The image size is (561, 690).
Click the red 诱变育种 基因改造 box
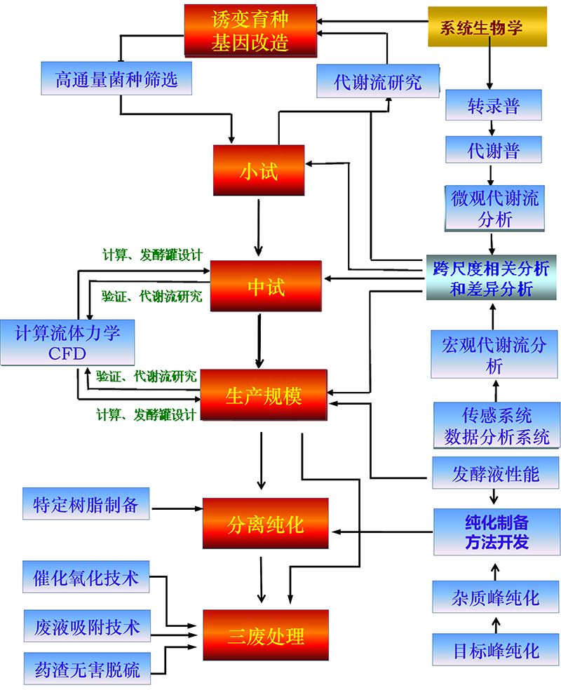coord(250,31)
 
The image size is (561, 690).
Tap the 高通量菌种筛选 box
coord(116,79)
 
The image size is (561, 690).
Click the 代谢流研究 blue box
coord(378,81)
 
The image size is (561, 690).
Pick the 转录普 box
coord(493,105)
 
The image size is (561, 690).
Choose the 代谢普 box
coord(493,149)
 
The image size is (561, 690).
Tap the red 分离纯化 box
coord(265,523)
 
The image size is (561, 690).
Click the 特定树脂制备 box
coord(86,505)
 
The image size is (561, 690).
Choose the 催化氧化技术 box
coord(86,579)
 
